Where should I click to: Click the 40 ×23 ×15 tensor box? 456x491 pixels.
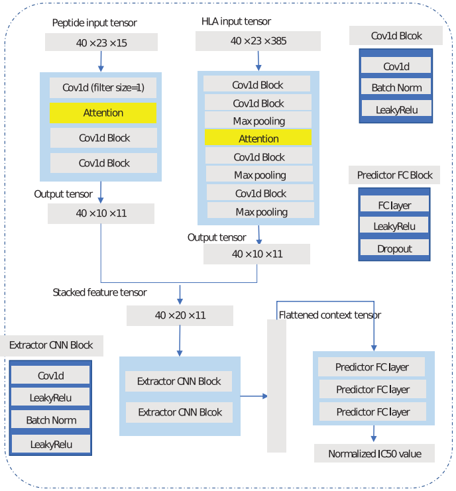point(101,42)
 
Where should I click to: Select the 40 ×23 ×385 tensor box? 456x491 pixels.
point(258,41)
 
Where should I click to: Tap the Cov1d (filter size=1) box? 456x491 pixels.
point(103,87)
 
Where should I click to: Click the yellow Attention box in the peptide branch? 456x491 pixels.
point(103,113)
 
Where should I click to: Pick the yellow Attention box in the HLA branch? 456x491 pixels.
point(258,138)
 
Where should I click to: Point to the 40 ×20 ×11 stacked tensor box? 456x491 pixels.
point(180,315)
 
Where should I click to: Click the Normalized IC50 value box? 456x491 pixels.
point(374,454)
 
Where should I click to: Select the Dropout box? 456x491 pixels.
point(395,248)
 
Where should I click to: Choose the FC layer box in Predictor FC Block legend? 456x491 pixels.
point(395,205)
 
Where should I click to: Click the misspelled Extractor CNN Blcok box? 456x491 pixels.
point(180,412)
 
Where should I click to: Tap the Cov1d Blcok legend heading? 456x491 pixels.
point(396,36)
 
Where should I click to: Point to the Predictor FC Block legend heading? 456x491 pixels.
point(394,175)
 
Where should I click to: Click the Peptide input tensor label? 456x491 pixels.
point(95,23)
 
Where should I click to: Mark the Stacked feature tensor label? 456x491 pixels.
point(100,292)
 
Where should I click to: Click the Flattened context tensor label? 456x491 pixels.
point(330,315)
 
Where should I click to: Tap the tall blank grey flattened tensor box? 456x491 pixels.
point(276,386)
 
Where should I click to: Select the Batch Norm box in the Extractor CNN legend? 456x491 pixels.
point(51,420)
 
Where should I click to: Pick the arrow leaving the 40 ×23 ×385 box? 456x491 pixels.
point(258,61)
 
